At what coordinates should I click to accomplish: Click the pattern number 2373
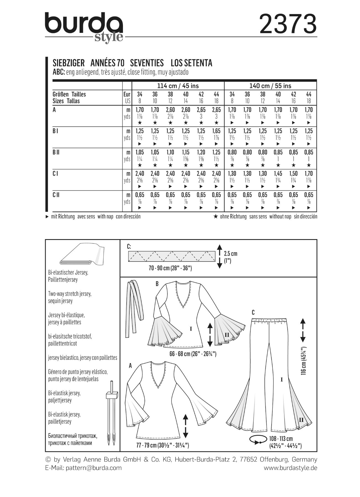(288, 24)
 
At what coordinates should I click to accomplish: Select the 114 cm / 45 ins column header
(178, 86)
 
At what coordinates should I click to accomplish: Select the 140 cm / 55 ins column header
(270, 86)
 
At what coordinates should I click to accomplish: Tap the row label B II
(56, 152)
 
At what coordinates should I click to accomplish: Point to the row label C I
(55, 174)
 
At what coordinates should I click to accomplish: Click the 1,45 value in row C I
(278, 174)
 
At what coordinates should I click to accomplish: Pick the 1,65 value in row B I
(216, 131)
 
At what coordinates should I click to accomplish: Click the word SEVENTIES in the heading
(147, 63)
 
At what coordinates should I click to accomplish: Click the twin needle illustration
(112, 413)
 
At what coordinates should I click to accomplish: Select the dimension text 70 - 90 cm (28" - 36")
(170, 268)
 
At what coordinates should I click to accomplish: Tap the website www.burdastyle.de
(290, 468)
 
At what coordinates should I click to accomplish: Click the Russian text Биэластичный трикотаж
(73, 436)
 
